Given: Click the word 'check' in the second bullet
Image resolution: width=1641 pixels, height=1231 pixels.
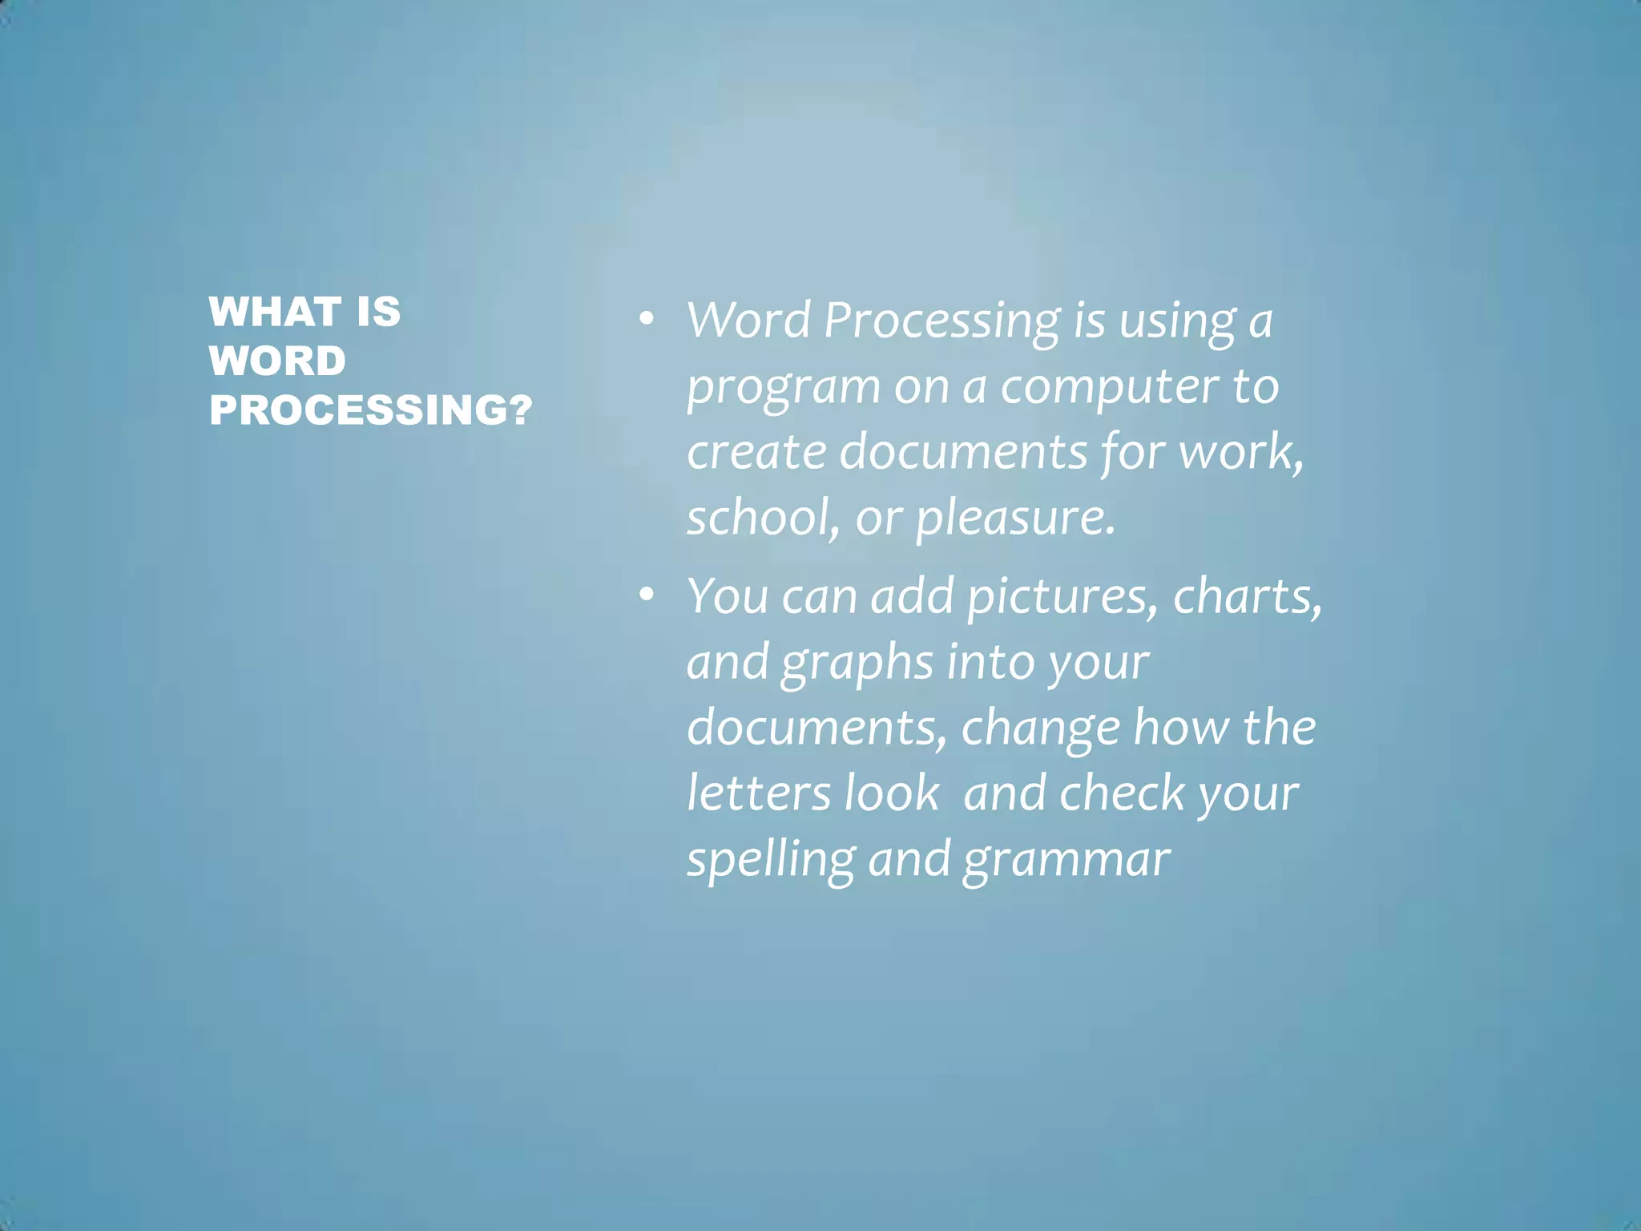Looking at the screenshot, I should [x=1121, y=793].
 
